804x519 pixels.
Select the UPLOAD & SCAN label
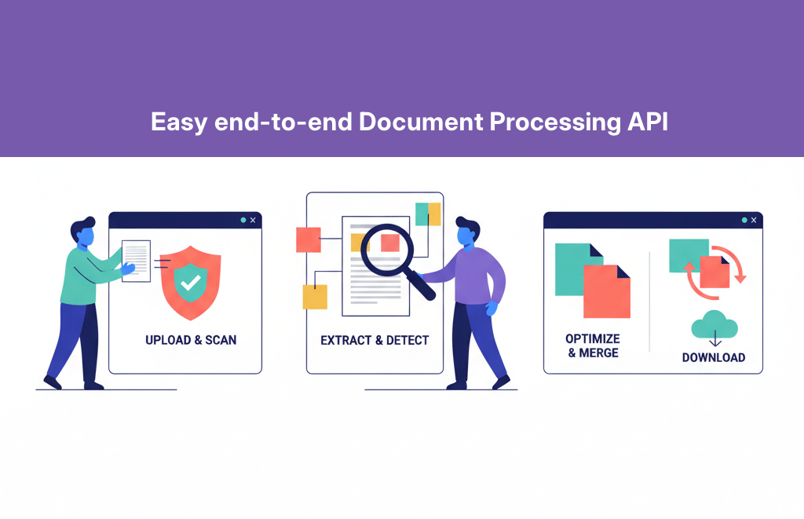[x=191, y=340]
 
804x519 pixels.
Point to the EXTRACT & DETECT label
[x=375, y=341]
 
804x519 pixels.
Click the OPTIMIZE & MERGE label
[x=593, y=345]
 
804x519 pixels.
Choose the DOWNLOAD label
[x=713, y=357]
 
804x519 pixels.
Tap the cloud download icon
[x=713, y=325]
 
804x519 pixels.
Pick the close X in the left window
[x=253, y=221]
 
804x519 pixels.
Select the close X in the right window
[x=754, y=221]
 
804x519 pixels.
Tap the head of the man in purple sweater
[x=467, y=232]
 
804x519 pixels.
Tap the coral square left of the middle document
[x=308, y=239]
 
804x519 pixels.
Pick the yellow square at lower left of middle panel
[x=315, y=297]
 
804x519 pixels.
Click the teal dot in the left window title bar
[x=243, y=221]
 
